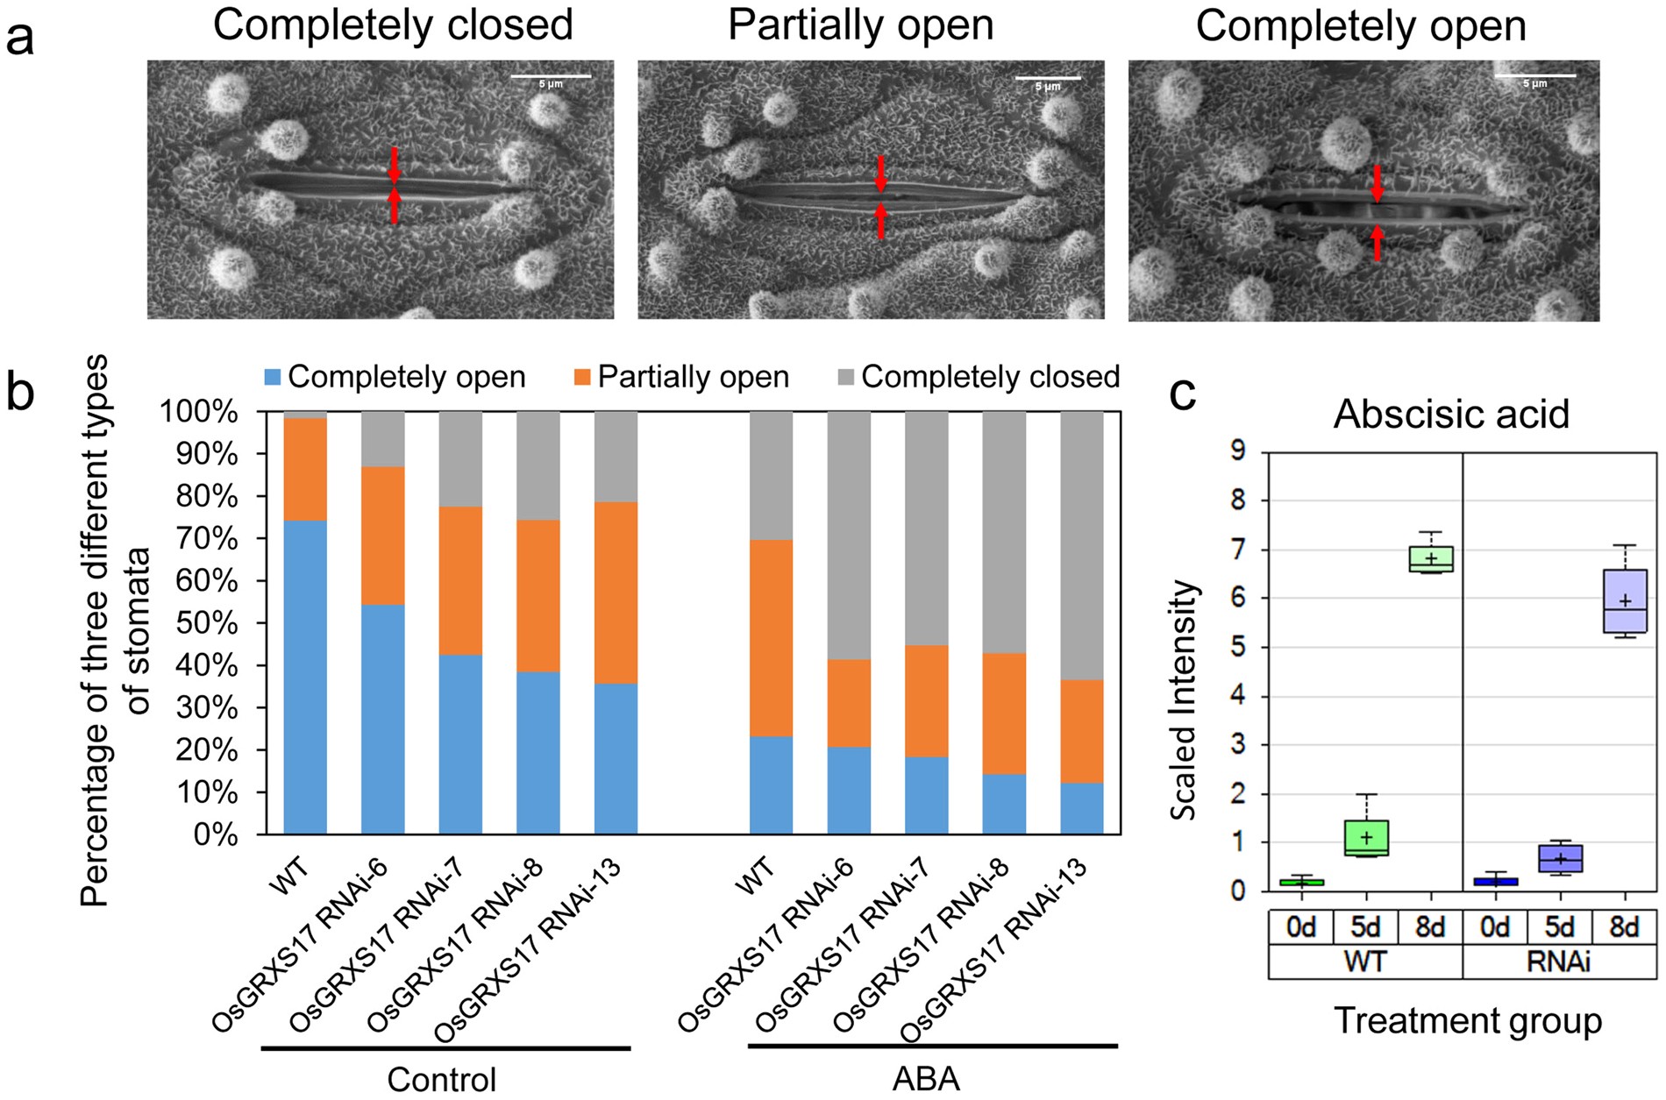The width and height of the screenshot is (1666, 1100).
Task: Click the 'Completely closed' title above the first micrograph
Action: (393, 25)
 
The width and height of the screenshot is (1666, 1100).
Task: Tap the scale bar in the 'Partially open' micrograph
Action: (1048, 79)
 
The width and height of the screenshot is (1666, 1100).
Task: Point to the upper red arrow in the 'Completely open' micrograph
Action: (1377, 182)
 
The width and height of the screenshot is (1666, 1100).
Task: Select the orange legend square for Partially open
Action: (583, 378)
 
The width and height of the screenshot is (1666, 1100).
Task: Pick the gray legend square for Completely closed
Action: (846, 378)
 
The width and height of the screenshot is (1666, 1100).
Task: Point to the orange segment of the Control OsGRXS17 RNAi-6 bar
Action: (383, 536)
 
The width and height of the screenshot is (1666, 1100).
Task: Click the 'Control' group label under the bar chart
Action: (442, 1079)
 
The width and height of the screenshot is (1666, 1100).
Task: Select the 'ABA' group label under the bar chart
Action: (926, 1079)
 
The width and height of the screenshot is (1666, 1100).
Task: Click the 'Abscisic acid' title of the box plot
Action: (1451, 414)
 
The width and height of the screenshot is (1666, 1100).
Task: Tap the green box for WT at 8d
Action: (1430, 559)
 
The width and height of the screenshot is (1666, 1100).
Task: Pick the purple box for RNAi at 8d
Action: (1625, 600)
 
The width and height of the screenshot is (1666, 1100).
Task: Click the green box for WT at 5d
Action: (1365, 838)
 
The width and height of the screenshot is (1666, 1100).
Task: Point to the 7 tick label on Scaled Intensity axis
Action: (1237, 550)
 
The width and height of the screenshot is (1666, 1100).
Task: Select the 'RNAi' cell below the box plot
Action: (1559, 962)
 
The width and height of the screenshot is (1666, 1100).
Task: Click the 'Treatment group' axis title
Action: (1468, 1021)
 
